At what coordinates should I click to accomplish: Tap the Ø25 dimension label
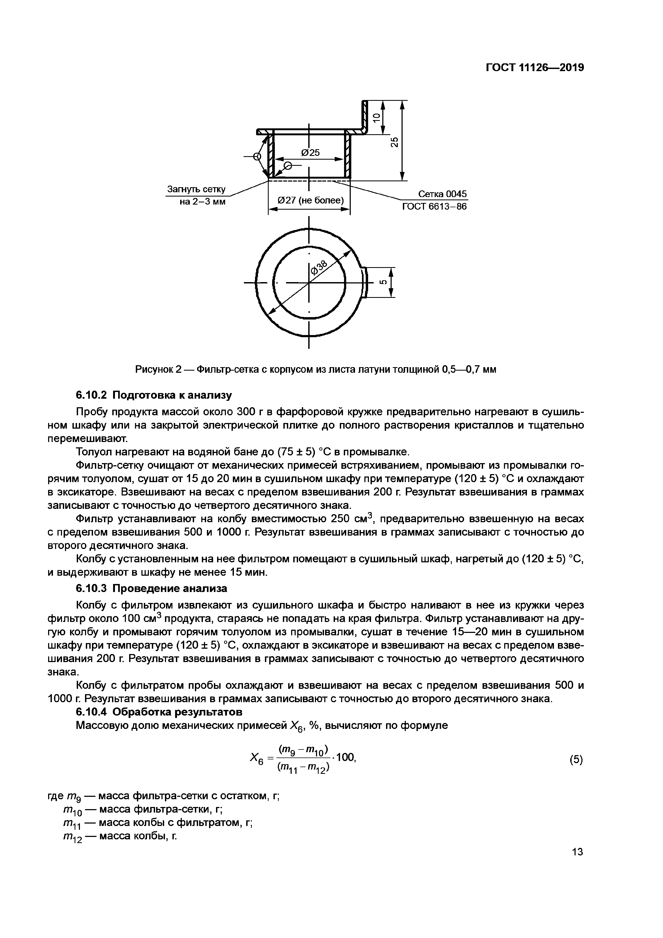pyautogui.click(x=310, y=153)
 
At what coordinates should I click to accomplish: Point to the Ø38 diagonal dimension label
pyautogui.click(x=319, y=268)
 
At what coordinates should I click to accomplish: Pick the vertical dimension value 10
pyautogui.click(x=377, y=117)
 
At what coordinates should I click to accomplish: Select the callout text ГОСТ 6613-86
pyautogui.click(x=434, y=207)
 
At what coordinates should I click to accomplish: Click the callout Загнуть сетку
pyautogui.click(x=196, y=190)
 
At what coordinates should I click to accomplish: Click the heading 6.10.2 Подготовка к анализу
pyautogui.click(x=154, y=395)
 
